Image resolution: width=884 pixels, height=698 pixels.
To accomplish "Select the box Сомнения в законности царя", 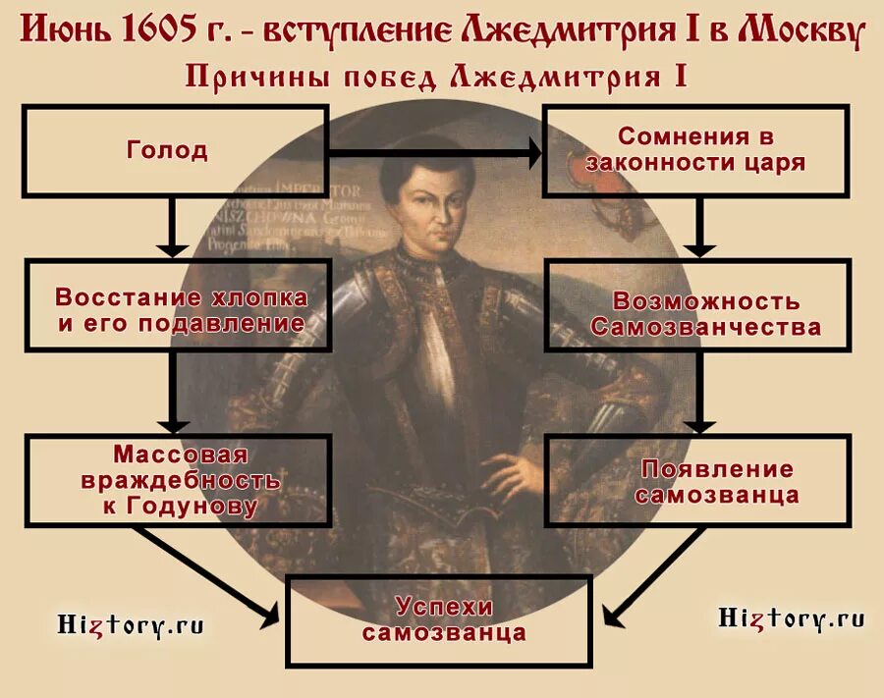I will tap(695, 150).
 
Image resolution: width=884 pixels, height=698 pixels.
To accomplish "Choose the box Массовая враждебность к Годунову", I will tap(177, 481).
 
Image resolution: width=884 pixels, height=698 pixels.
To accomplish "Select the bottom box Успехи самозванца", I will tap(439, 619).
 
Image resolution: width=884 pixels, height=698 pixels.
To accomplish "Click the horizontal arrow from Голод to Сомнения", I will tap(432, 152).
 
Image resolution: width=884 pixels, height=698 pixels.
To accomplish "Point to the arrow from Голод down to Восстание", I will tap(173, 226).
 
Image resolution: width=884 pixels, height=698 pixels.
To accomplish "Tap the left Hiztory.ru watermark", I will tap(130, 623).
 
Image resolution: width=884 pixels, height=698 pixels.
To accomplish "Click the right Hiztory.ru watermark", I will tap(791, 617).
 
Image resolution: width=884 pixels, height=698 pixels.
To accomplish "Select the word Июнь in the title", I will tap(65, 32).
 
